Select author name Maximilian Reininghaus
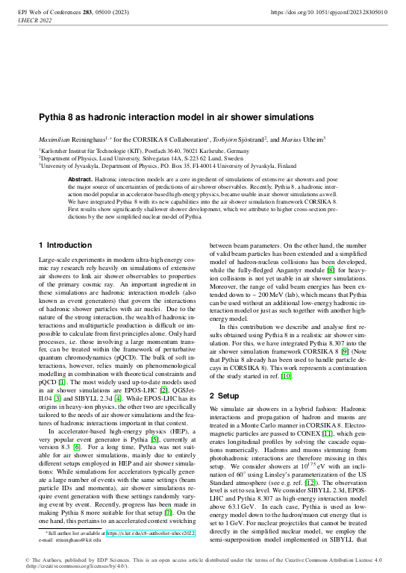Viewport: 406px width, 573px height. [72, 140]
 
